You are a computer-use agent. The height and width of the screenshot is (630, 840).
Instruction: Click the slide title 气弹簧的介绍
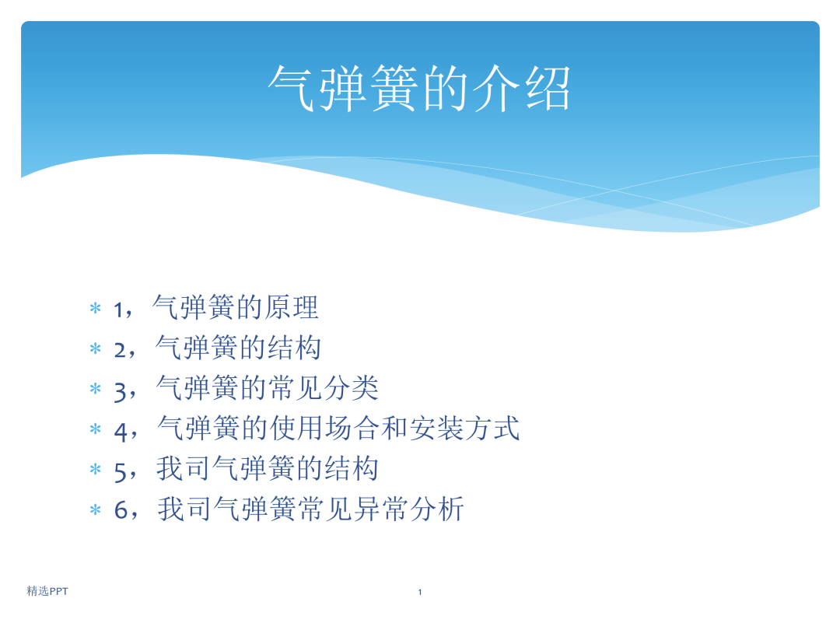(419, 89)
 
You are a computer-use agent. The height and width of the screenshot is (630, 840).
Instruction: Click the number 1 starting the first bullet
(118, 310)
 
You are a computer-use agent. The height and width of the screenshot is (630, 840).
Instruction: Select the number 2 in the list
(120, 350)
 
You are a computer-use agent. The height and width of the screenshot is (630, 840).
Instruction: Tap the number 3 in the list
(120, 391)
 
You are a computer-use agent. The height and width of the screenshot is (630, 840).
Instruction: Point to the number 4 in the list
(121, 431)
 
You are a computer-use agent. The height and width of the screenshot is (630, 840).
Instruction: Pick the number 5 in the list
(120, 472)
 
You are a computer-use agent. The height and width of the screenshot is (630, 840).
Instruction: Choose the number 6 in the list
(121, 509)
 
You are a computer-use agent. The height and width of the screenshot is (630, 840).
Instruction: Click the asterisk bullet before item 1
(96, 308)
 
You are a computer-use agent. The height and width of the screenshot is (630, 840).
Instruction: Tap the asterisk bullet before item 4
(96, 429)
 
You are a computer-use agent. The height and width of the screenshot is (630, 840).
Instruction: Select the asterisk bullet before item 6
(96, 509)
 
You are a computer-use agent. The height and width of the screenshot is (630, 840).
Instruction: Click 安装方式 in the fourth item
(464, 428)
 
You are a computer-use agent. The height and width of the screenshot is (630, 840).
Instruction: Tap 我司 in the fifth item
(184, 468)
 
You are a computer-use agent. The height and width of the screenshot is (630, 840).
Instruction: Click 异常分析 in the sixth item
(409, 509)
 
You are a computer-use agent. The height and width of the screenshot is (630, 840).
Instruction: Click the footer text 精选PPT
(47, 591)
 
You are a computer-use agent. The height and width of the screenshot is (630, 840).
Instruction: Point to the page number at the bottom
(420, 592)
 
